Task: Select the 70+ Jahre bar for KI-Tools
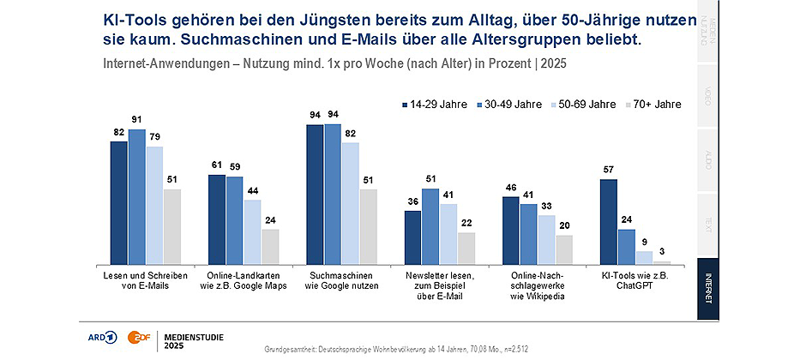pyautogui.click(x=662, y=261)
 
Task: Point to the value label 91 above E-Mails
pyautogui.click(x=137, y=119)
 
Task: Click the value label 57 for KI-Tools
pyautogui.click(x=609, y=169)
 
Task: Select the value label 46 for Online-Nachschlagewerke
pyautogui.click(x=510, y=186)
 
